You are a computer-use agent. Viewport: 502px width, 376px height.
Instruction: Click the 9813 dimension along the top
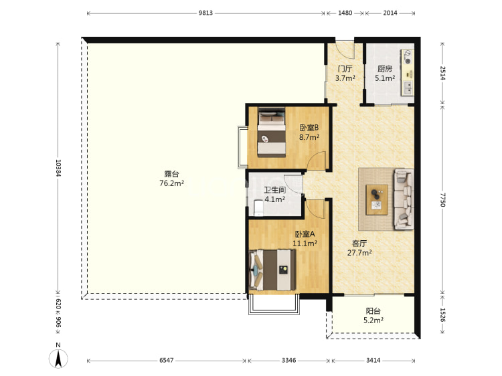coord(205,13)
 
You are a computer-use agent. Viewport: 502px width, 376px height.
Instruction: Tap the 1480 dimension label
coord(345,13)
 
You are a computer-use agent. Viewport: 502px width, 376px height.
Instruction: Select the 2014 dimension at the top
coord(390,13)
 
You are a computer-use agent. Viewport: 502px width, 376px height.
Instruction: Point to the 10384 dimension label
coord(58,168)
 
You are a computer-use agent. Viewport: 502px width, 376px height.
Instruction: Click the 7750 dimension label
coord(442,199)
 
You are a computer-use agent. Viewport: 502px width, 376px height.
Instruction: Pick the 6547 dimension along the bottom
coord(167,361)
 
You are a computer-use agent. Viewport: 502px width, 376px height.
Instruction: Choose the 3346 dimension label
coord(288,361)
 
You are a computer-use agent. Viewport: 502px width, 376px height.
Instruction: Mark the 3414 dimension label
coord(373,361)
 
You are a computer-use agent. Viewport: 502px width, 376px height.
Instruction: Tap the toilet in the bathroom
coord(258,208)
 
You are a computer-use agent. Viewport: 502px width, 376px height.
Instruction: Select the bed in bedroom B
coord(272,132)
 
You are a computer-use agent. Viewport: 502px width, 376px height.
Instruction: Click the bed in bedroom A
coord(272,270)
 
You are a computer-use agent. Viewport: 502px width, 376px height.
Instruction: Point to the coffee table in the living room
coord(377,199)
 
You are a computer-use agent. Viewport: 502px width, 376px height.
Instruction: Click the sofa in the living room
coord(404,199)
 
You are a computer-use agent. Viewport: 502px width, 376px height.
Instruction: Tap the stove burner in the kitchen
coord(408,57)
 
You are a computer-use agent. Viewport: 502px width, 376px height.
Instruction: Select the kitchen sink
coord(408,88)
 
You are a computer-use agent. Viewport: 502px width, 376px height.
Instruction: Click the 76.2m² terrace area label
coord(171,183)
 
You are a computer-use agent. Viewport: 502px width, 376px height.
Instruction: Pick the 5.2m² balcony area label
coord(373,320)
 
